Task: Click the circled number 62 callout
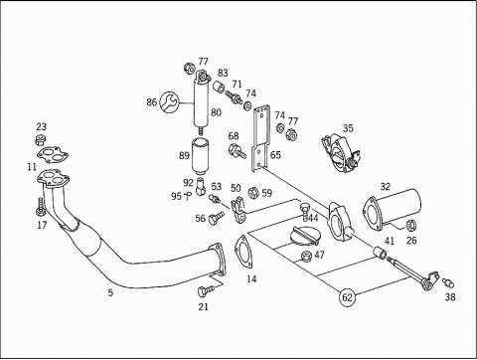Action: (347, 297)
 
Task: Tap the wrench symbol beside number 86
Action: (169, 101)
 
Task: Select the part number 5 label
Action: (110, 292)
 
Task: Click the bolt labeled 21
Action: (206, 290)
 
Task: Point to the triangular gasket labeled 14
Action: (244, 251)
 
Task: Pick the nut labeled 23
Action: (40, 140)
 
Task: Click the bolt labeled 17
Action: (40, 207)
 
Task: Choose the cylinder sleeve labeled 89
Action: (200, 157)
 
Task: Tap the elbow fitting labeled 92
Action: (201, 187)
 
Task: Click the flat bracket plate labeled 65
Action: (260, 138)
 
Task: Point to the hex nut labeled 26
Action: (411, 226)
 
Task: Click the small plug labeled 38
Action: (448, 283)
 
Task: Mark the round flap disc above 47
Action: (305, 235)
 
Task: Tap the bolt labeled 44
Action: (305, 212)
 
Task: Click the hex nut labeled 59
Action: (253, 193)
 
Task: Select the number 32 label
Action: (386, 187)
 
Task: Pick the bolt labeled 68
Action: (237, 151)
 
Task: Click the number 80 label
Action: (216, 112)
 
